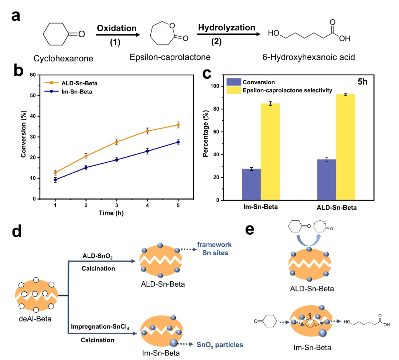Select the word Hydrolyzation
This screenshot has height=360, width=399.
tap(226, 27)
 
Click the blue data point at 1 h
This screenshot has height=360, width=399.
tap(55, 180)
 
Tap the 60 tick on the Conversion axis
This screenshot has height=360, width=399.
tap(35, 75)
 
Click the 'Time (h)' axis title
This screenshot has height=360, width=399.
tap(111, 213)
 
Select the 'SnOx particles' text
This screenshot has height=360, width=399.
tap(225, 344)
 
